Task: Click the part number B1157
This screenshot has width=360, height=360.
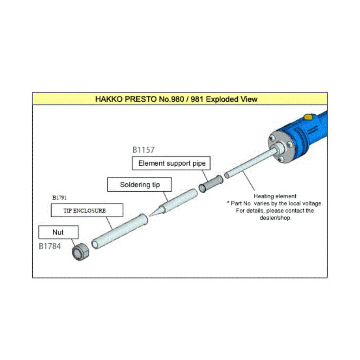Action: (x=143, y=150)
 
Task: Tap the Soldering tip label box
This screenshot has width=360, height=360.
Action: (x=140, y=185)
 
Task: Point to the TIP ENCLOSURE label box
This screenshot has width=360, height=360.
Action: (x=87, y=210)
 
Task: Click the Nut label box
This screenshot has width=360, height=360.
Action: (x=58, y=232)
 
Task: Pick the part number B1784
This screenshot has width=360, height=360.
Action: (x=50, y=246)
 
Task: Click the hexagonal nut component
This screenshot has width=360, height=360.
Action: (x=80, y=252)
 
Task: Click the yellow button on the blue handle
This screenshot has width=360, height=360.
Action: (x=308, y=117)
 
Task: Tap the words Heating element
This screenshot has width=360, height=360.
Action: (x=275, y=196)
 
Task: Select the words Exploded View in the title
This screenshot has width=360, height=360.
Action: (x=232, y=99)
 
